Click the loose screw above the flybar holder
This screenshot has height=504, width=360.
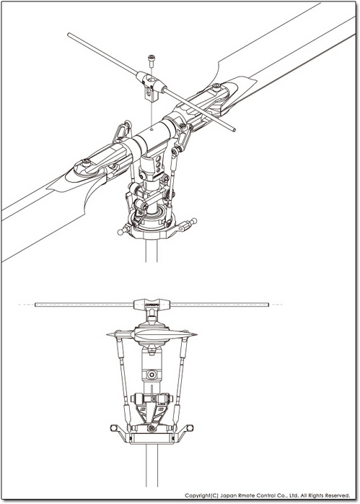point(152,61)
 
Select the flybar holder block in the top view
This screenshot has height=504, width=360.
point(151,86)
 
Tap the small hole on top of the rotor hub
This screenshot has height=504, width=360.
point(152,130)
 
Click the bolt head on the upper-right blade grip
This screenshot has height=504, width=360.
point(217,86)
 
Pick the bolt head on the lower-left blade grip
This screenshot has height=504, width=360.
point(86,162)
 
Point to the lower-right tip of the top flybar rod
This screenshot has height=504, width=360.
point(234,130)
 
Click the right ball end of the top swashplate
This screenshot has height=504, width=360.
point(193,220)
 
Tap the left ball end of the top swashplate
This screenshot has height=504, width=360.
point(120,232)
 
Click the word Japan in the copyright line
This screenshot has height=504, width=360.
point(228,495)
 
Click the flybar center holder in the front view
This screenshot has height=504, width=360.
point(152,304)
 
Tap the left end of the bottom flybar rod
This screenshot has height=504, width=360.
point(35,305)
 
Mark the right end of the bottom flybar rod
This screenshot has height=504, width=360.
point(268,305)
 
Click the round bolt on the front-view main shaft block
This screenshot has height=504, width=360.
point(152,375)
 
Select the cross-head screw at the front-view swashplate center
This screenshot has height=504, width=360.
point(152,428)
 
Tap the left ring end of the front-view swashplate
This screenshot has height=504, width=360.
point(113,427)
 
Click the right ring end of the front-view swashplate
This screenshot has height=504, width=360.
point(190,427)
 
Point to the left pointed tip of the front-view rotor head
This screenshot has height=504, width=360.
point(107,335)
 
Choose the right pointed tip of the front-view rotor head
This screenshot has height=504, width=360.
point(196,335)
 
